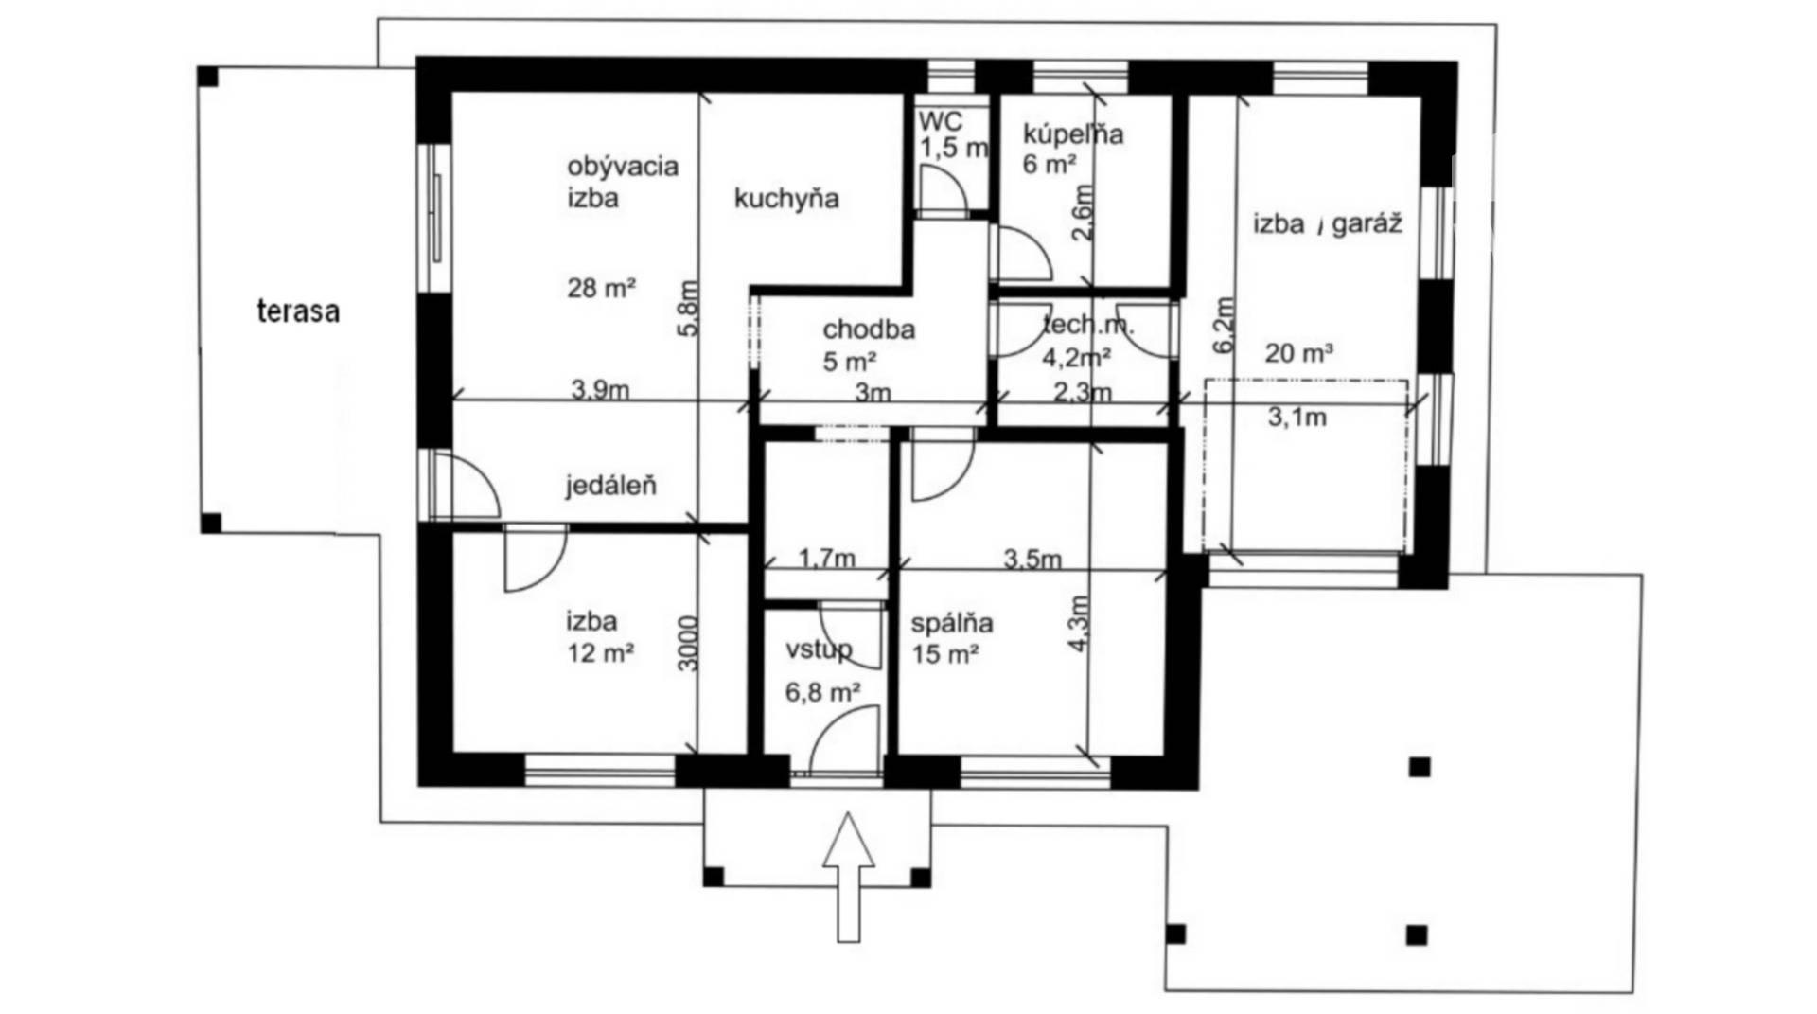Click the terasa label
point(298,311)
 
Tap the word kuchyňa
point(786,199)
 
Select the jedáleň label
point(610,486)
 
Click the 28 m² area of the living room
point(601,287)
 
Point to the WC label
point(941,121)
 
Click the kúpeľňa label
point(1073,133)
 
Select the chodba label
point(869,329)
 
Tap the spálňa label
point(952,624)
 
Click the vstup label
point(819,650)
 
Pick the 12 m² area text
point(600,652)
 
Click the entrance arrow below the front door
point(848,877)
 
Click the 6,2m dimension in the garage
point(1224,325)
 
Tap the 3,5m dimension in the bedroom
point(1032,559)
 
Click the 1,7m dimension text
point(827,559)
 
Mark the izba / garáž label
point(1328,224)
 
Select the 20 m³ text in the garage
point(1298,353)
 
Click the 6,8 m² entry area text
point(822,692)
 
